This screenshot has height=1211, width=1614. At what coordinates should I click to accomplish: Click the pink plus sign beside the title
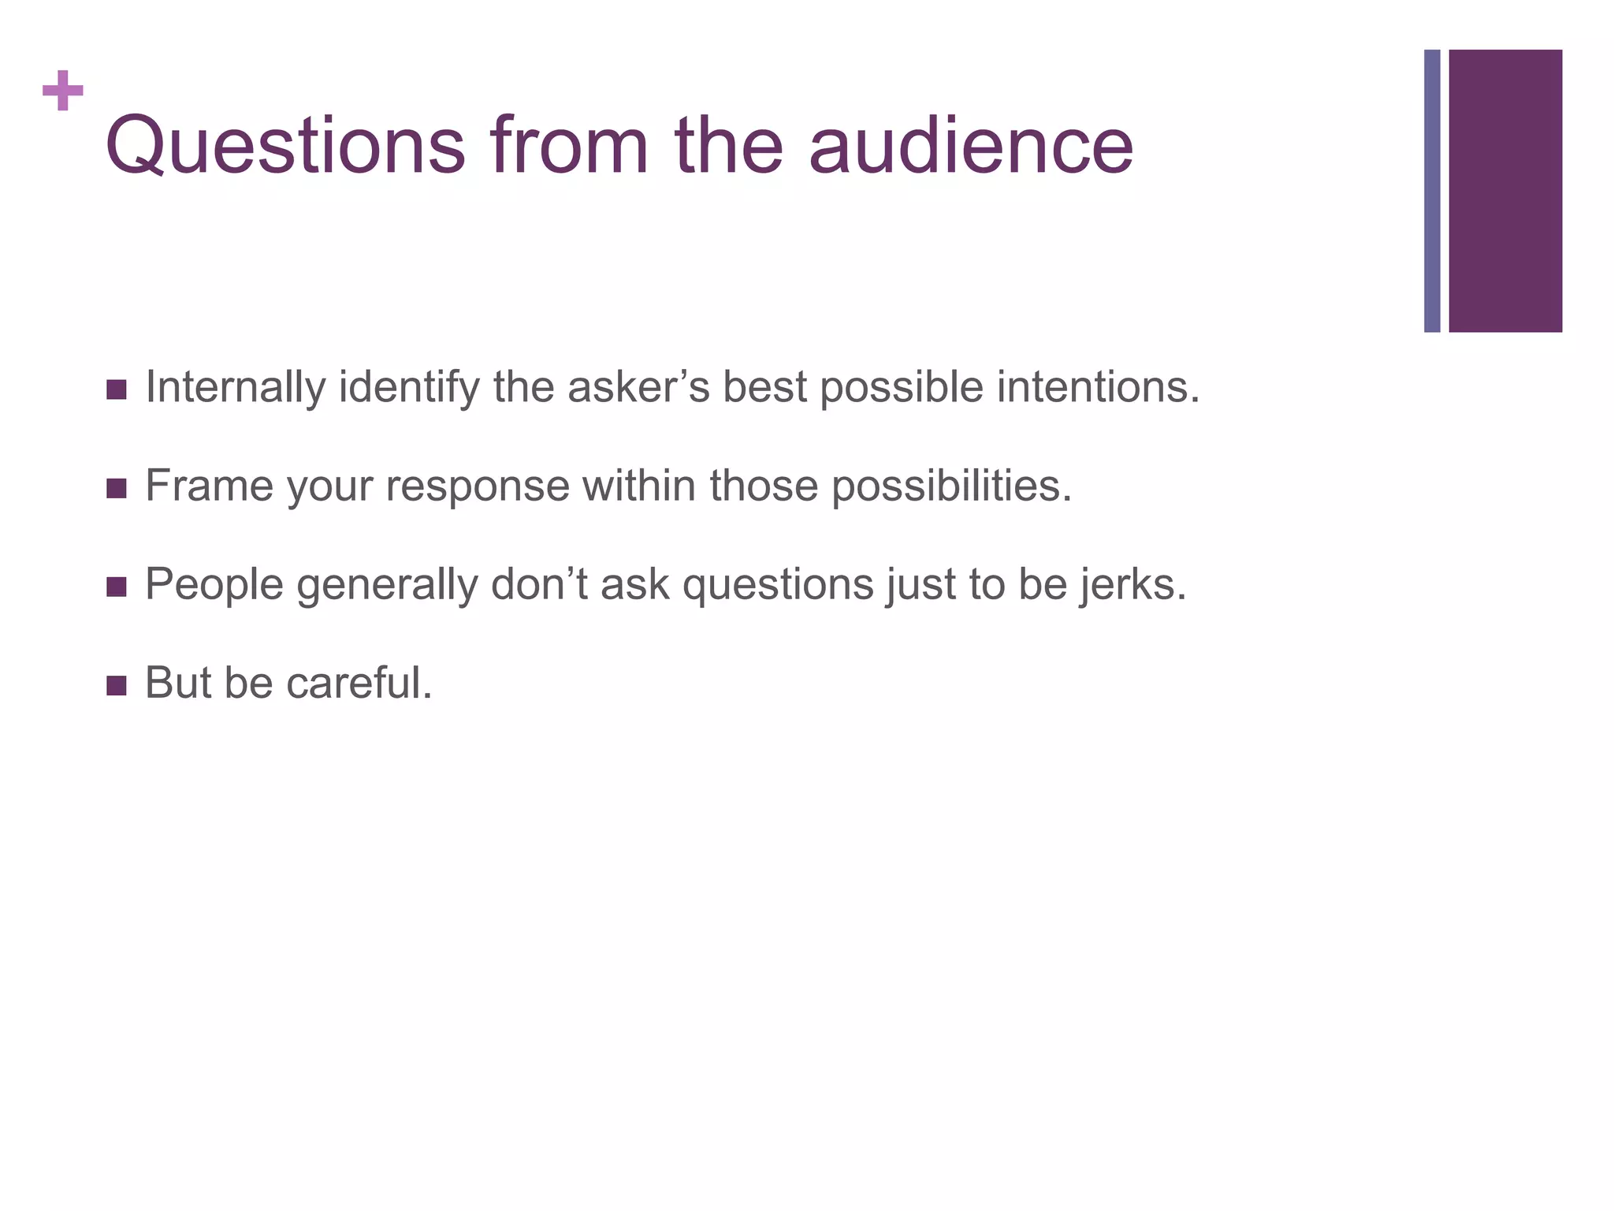[63, 91]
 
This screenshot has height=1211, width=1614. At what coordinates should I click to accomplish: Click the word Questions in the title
[285, 147]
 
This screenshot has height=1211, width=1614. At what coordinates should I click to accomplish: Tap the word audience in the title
[971, 147]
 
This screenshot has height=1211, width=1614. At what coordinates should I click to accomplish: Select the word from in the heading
[568, 147]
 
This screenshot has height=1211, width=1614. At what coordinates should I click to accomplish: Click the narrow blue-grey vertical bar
[1432, 191]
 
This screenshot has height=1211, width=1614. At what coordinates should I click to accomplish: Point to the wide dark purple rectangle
[1505, 191]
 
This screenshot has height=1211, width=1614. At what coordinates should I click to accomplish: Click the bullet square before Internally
[116, 389]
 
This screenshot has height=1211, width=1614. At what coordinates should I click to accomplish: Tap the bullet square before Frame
[116, 488]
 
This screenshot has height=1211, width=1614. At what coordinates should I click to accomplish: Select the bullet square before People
[116, 587]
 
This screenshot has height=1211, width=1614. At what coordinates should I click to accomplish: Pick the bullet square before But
[116, 685]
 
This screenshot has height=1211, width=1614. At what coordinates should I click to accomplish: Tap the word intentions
[1098, 388]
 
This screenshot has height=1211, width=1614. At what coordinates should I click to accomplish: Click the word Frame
[209, 486]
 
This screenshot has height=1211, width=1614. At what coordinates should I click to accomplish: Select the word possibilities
[952, 487]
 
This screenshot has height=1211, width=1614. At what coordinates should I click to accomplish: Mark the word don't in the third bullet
[539, 585]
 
